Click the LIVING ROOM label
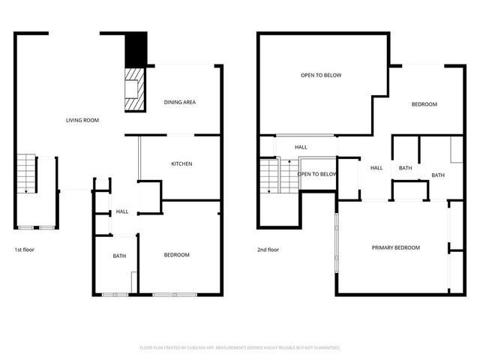click(x=82, y=120)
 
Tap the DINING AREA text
click(x=180, y=102)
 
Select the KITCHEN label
click(x=182, y=163)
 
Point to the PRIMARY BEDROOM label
click(x=396, y=247)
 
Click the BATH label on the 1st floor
click(x=119, y=256)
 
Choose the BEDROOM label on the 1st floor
click(x=177, y=255)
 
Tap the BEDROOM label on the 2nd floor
click(x=424, y=104)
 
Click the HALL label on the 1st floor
click(x=121, y=212)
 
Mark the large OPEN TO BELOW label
click(x=321, y=76)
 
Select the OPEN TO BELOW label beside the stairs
click(x=317, y=174)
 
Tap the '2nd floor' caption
click(x=268, y=249)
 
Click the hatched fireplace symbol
click(x=133, y=89)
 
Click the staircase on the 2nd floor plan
click(x=270, y=176)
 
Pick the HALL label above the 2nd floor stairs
click(x=301, y=147)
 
